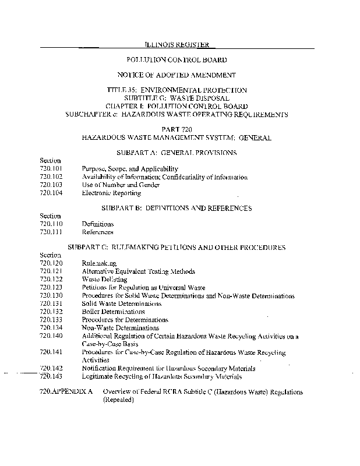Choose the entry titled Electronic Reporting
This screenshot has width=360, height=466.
pos(111,193)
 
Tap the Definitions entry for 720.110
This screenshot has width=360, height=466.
pos(98,224)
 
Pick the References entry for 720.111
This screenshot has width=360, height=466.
pos(98,232)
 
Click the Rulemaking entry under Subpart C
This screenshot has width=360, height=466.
pos(99,263)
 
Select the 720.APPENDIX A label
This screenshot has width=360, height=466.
pos(66,393)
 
